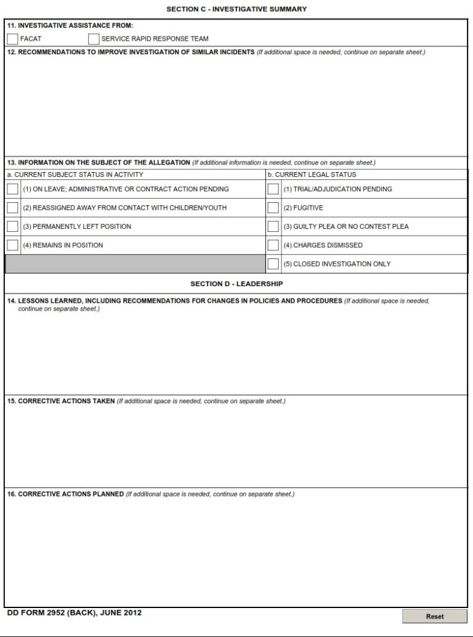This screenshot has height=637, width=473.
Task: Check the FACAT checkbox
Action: [x=12, y=39]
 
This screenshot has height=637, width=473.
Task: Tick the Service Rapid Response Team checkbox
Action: [x=94, y=39]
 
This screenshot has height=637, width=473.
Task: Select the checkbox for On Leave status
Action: [x=12, y=189]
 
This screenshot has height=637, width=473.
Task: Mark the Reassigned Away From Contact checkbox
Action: [x=12, y=208]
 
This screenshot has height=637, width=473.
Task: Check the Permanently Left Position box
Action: [x=12, y=226]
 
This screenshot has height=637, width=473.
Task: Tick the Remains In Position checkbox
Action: [x=12, y=245]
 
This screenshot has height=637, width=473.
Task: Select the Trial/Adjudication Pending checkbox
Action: [x=273, y=189]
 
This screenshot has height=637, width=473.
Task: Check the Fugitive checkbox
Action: [x=273, y=208]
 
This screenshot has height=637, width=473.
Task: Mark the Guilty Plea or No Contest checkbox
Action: [x=273, y=226]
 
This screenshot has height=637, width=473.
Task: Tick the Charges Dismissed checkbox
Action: [x=273, y=245]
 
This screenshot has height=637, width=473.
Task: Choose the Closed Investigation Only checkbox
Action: [x=273, y=264]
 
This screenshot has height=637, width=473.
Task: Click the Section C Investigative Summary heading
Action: [x=236, y=9]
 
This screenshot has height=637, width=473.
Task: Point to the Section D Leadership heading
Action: [x=236, y=284]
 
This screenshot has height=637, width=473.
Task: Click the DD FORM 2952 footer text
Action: [x=75, y=613]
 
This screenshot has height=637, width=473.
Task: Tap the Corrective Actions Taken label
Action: [x=61, y=401]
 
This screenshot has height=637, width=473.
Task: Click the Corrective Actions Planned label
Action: [x=65, y=495]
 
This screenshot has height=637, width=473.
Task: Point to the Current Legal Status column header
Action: [x=312, y=175]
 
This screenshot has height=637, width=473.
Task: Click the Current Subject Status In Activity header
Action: [x=75, y=175]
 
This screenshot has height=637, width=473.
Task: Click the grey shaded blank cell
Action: [x=135, y=264]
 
